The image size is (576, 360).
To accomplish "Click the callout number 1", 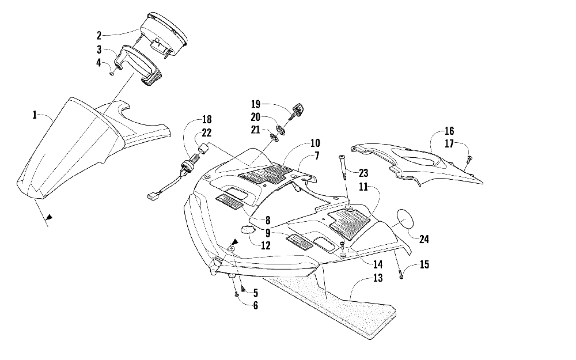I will pyautogui.click(x=35, y=115).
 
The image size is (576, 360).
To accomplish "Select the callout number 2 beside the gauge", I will pyautogui.click(x=98, y=35).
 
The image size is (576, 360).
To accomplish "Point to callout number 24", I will pyautogui.click(x=424, y=239).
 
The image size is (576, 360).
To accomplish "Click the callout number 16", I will pyautogui.click(x=449, y=131).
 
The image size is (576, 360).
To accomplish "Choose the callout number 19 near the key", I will pyautogui.click(x=256, y=104).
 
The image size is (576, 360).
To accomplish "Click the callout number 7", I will pyautogui.click(x=316, y=156).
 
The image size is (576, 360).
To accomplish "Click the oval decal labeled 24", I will pyautogui.click(x=404, y=221).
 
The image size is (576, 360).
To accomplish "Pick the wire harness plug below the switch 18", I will pyautogui.click(x=151, y=197).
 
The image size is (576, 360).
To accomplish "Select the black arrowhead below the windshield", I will pyautogui.click(x=50, y=218).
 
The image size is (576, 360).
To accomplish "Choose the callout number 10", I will pyautogui.click(x=315, y=143).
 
